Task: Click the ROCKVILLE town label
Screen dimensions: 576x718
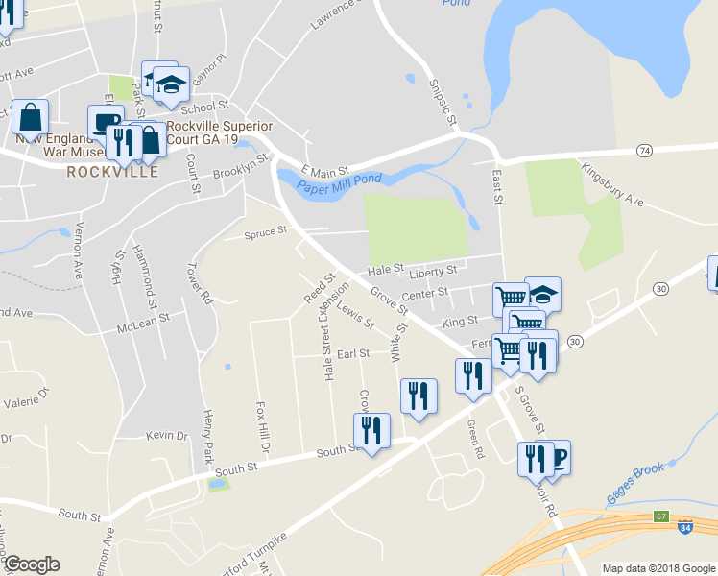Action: [112, 173]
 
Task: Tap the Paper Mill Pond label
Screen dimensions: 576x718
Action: [339, 182]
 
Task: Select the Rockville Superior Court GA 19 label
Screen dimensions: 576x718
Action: [220, 132]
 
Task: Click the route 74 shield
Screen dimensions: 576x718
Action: [644, 152]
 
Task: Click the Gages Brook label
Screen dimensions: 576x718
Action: [636, 484]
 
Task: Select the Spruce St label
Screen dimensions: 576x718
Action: [266, 231]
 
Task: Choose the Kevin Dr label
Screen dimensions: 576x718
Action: [166, 436]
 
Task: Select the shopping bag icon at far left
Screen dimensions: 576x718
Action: [31, 118]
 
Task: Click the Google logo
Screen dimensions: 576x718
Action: [32, 564]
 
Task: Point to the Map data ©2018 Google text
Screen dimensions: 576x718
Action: [658, 568]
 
